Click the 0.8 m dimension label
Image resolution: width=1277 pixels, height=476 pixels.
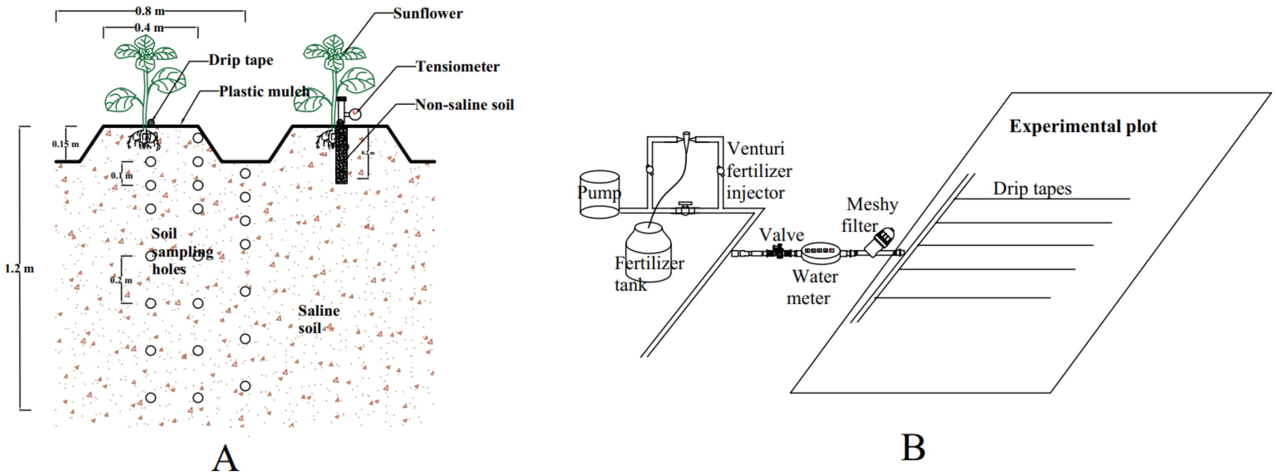pos(150,10)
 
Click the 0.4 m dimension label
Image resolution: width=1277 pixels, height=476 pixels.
pos(149,27)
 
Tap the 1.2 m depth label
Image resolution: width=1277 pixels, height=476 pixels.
pos(19,269)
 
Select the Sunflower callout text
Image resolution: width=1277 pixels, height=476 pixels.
pos(427,14)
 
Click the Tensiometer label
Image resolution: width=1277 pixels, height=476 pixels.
pos(457,66)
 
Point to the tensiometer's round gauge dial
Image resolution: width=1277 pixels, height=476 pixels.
pos(355,114)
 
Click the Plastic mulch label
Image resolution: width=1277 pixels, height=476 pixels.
pos(264,91)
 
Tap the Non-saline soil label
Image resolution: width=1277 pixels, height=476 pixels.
pos(464,105)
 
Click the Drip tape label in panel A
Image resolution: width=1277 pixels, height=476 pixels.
pos(240,60)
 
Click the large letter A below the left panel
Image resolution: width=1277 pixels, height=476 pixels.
pos(225,458)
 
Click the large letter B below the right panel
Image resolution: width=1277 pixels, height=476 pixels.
pos(913,447)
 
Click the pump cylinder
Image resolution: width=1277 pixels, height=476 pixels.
pos(600,195)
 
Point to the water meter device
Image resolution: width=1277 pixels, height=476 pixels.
pos(820,252)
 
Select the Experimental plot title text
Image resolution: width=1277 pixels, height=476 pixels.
pos(1083,126)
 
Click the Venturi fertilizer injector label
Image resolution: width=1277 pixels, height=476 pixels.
pos(758,170)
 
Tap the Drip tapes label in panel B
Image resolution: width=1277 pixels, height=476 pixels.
pos(1032,188)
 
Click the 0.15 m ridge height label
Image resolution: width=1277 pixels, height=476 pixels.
pos(65,144)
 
